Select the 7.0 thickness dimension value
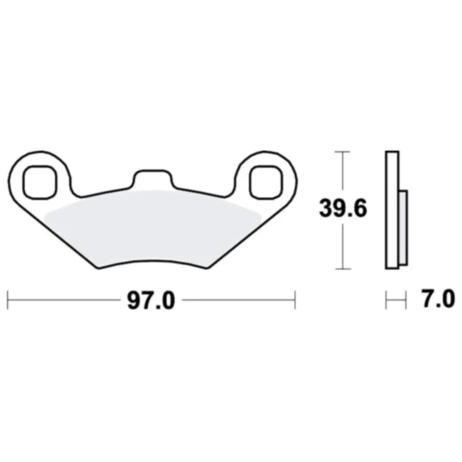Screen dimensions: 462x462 (434, 299)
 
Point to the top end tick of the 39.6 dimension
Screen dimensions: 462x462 (342, 152)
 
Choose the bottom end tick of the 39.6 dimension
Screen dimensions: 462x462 (342, 268)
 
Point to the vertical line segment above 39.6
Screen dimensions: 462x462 (342, 173)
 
